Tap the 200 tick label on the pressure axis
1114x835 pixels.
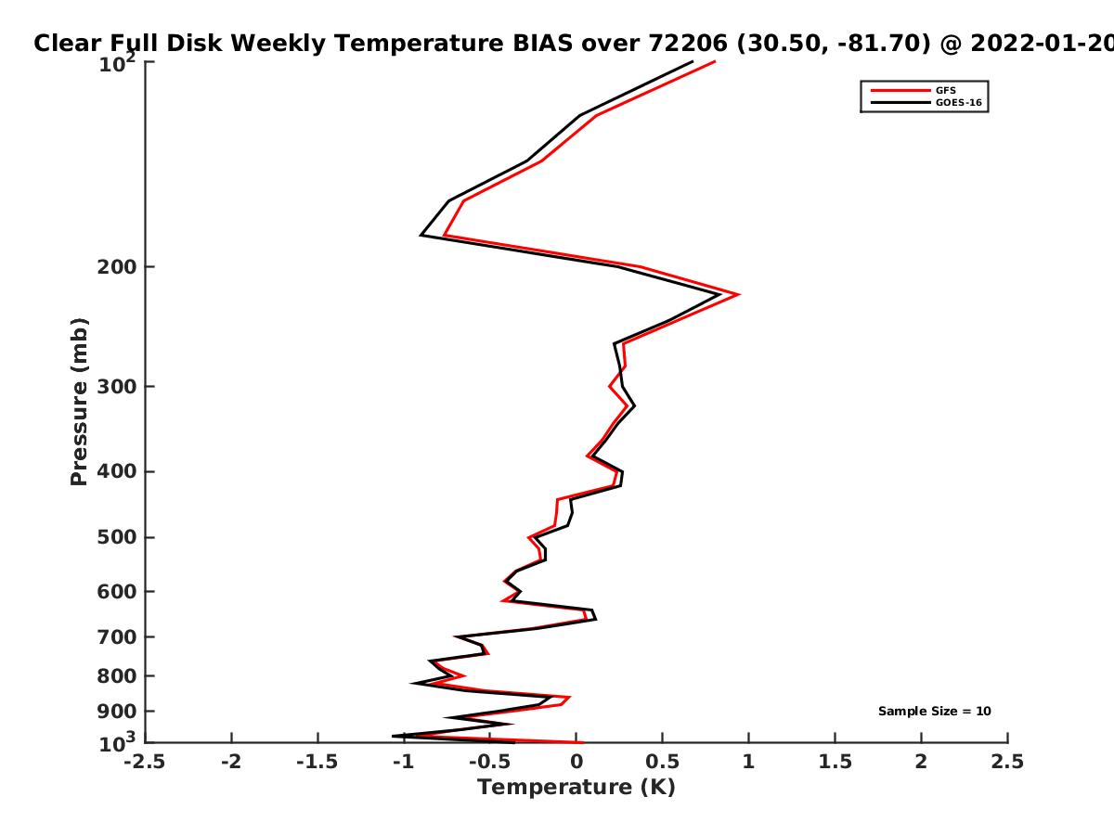[117, 266]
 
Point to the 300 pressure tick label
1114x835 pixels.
[117, 386]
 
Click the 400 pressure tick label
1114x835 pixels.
[117, 471]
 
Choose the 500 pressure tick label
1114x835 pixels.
[117, 537]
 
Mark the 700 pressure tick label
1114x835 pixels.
[117, 636]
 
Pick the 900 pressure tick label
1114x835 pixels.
[117, 712]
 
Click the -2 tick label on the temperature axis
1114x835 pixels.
[231, 762]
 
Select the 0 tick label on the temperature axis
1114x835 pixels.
[576, 762]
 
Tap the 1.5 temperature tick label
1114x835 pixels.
[835, 762]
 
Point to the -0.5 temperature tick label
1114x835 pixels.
[490, 762]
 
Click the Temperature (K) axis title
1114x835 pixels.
[576, 788]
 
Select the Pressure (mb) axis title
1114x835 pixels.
[79, 402]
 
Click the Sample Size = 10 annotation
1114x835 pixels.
[934, 711]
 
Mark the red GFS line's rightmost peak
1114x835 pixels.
[738, 294]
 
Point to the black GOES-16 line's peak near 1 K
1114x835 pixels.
[719, 294]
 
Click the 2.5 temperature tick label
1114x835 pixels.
[1007, 762]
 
